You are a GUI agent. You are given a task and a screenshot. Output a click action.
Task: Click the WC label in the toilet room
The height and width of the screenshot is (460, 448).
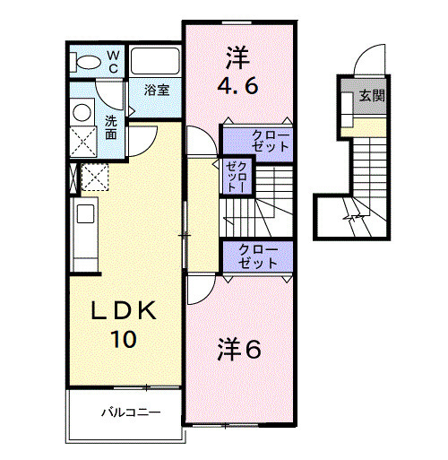pos(114,60)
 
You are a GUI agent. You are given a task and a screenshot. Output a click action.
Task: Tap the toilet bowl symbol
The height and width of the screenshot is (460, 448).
pos(88,61)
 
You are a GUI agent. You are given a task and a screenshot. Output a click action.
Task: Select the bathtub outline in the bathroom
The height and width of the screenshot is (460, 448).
pos(156,62)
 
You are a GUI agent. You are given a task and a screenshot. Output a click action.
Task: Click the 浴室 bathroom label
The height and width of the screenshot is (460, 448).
pos(158,90)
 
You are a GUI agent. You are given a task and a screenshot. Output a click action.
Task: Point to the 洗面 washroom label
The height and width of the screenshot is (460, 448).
pos(110,126)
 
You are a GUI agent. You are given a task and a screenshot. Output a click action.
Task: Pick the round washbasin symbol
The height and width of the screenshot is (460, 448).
pos(82,113)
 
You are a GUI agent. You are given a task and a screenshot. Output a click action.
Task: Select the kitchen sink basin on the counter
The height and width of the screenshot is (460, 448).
pos(85,214)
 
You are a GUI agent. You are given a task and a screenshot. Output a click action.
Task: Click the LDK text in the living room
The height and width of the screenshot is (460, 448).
pos(125,310)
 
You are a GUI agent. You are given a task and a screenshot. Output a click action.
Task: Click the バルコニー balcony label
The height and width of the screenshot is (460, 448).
pos(129,413)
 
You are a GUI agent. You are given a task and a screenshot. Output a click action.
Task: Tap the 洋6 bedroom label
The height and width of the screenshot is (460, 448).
pos(239,350)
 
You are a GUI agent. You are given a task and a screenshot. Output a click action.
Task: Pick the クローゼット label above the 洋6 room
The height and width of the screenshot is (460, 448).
pos(259,256)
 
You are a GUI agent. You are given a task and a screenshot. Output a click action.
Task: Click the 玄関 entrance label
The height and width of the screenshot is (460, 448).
pos(373,95)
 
